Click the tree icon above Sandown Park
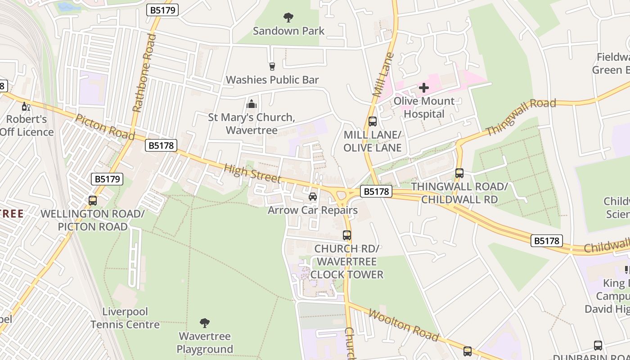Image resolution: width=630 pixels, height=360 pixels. click(288, 18)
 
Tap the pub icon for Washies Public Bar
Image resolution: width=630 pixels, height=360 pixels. click(272, 67)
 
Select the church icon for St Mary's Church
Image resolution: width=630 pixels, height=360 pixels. click(252, 104)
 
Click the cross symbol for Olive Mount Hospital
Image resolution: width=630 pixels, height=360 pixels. click(423, 88)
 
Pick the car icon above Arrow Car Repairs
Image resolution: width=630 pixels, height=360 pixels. click(313, 197)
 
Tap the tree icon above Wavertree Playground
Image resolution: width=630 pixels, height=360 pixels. click(205, 323)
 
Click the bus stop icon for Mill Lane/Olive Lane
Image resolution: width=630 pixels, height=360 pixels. click(373, 121)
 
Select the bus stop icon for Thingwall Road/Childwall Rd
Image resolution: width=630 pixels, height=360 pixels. click(459, 173)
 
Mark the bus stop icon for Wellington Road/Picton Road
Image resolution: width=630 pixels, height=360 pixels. click(93, 200)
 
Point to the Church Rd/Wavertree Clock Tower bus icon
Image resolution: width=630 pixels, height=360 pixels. click(346, 235)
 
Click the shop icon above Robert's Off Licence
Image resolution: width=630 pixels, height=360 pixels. click(26, 107)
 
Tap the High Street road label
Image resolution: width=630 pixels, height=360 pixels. click(252, 173)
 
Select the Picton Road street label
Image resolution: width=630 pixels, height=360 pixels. click(105, 127)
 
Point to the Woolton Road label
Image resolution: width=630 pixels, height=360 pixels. click(403, 325)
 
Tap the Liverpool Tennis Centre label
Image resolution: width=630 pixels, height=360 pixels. click(125, 318)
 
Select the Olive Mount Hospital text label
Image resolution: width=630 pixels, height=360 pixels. click(424, 108)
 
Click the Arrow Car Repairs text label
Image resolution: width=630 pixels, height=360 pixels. click(313, 210)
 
